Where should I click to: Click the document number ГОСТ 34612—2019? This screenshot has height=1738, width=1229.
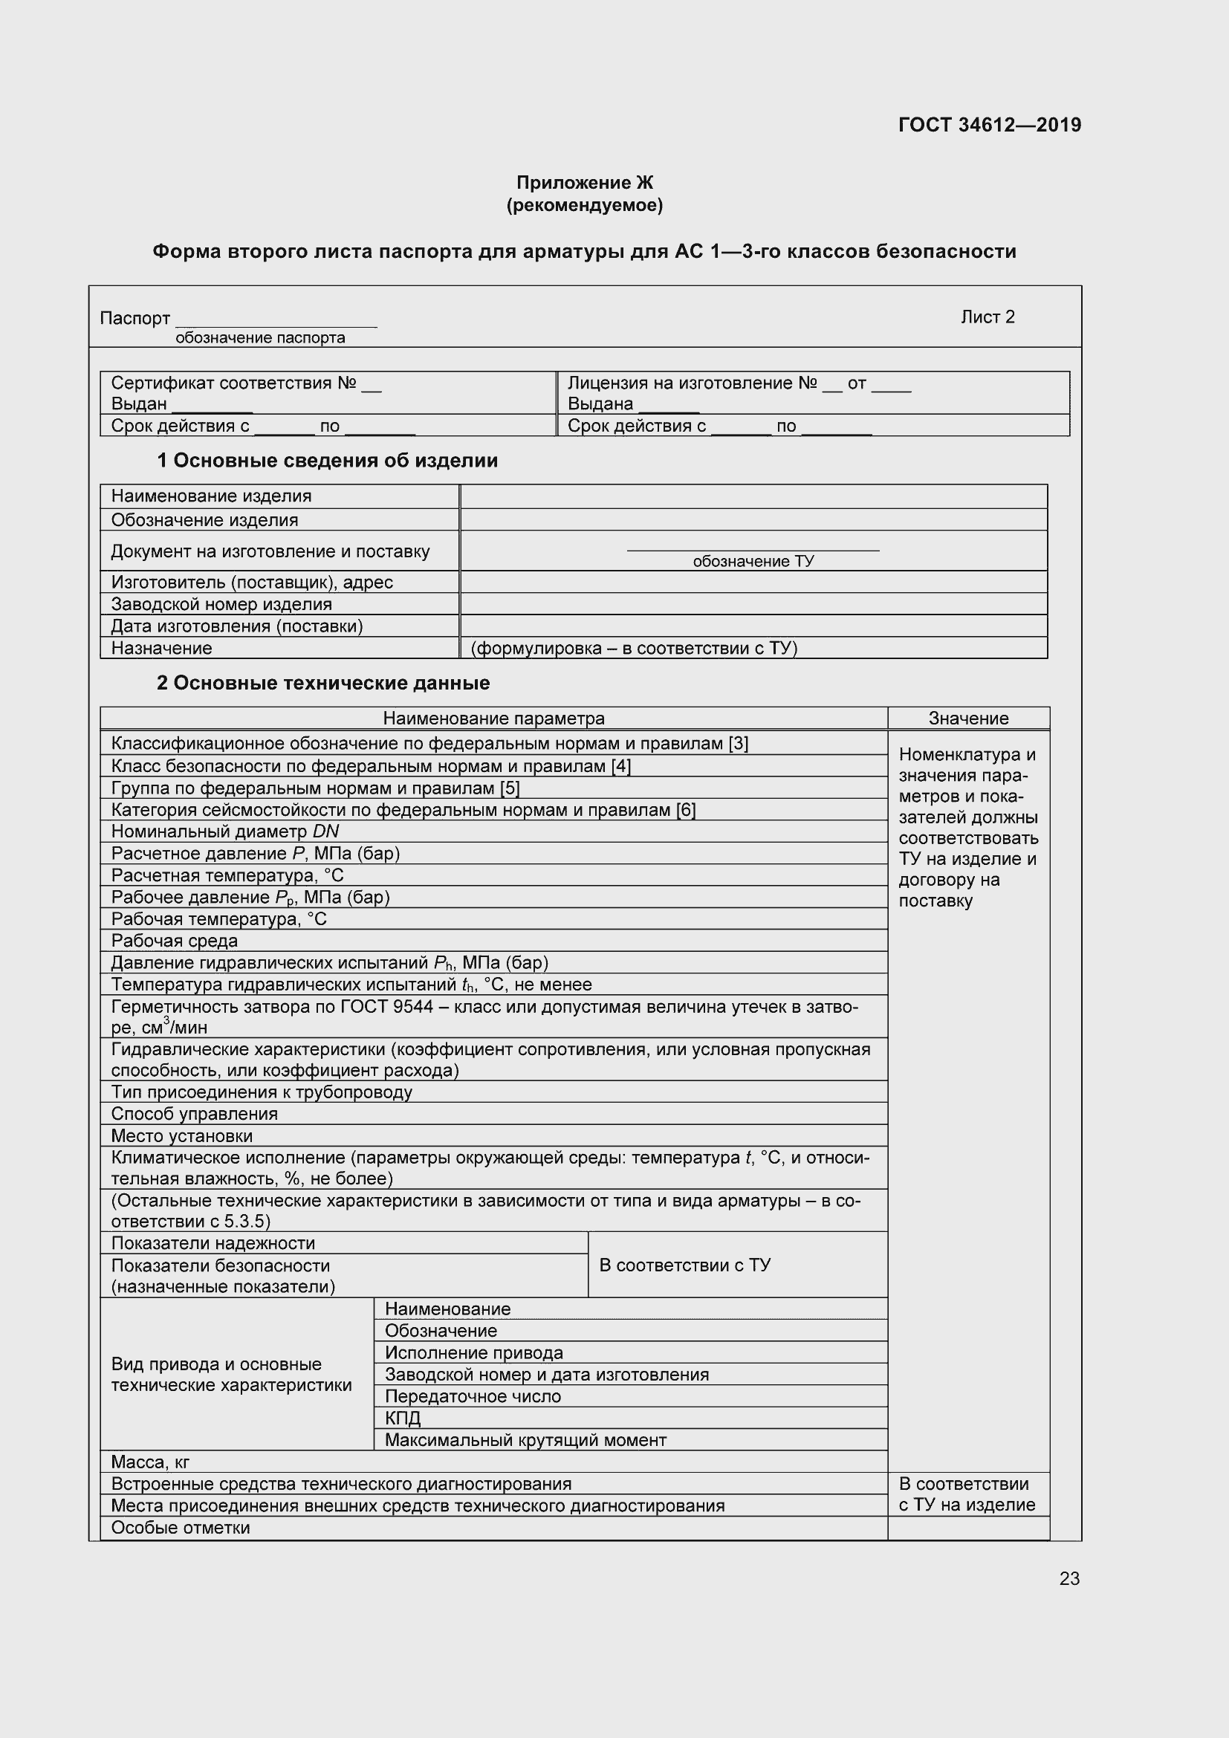click(x=989, y=125)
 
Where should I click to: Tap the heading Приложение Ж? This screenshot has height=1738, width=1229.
click(x=584, y=183)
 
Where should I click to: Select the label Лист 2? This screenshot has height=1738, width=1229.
click(x=987, y=317)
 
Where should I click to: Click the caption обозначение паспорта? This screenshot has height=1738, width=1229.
click(x=259, y=338)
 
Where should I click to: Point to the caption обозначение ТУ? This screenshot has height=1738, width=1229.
click(x=753, y=561)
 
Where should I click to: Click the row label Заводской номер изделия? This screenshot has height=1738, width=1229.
click(x=221, y=604)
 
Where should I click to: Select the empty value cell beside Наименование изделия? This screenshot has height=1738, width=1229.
click(x=753, y=496)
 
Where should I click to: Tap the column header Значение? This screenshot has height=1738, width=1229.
click(x=968, y=719)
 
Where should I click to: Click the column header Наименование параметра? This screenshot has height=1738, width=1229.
click(x=493, y=719)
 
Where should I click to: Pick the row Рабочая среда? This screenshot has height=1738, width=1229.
click(x=174, y=941)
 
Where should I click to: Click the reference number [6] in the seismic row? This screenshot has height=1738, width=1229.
click(x=686, y=810)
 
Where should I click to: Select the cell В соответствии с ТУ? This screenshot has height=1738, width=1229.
click(x=684, y=1265)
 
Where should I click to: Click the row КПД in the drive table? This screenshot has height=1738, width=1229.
click(x=403, y=1418)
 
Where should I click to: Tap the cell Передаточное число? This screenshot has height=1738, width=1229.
click(x=473, y=1396)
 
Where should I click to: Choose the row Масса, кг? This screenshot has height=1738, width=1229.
click(x=150, y=1462)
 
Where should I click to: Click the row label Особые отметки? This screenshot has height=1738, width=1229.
click(x=180, y=1528)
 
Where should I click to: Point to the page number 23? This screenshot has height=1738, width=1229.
click(x=1069, y=1578)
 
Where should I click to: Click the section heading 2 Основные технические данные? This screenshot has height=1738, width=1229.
click(x=323, y=683)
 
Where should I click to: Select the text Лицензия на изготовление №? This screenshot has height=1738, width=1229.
click(x=692, y=383)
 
